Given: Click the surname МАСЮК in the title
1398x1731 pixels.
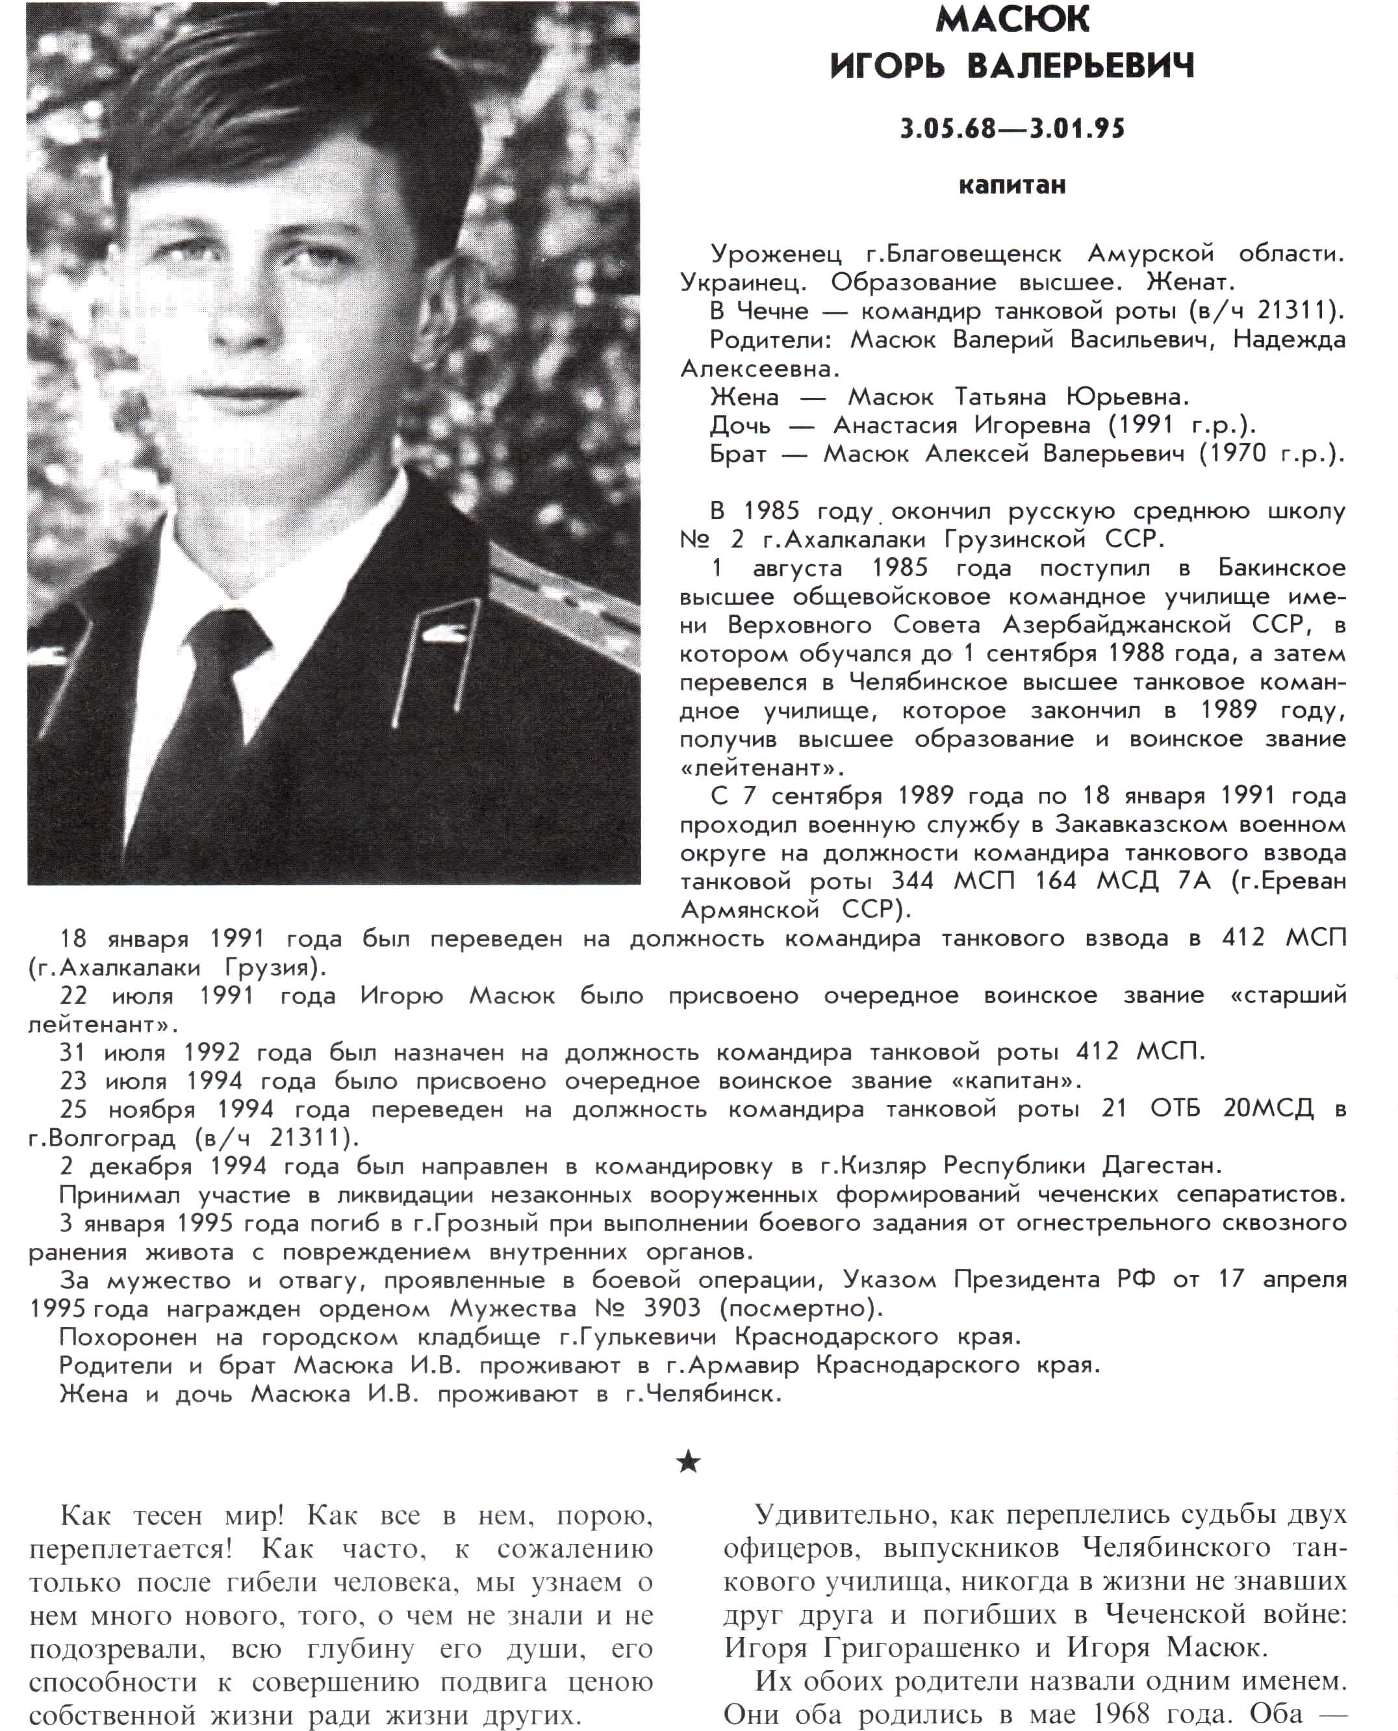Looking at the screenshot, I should [x=1012, y=20].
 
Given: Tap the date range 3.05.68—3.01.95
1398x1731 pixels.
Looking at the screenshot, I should [x=1012, y=128].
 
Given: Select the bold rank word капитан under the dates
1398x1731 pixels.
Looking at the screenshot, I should [x=1012, y=185].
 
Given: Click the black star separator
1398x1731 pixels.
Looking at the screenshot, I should [x=689, y=1461].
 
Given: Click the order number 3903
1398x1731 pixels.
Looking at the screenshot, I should [x=672, y=1308].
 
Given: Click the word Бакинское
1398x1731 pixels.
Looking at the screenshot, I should [x=1281, y=568].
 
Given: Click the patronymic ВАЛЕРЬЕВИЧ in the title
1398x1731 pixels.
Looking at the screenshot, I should [x=1080, y=66].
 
